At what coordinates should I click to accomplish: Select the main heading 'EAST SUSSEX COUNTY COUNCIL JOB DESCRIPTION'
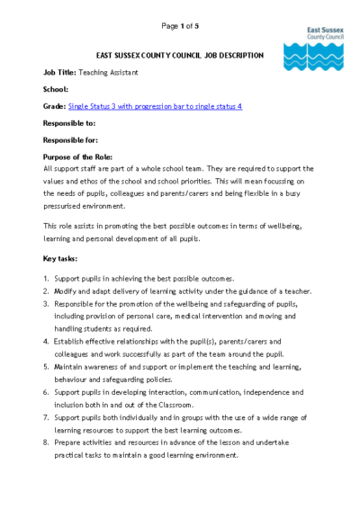point(180,56)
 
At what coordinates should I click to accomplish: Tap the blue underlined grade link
point(155,106)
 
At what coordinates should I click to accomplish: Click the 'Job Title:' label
point(59,72)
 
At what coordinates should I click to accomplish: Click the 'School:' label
point(56,89)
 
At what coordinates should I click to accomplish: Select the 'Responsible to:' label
point(69,122)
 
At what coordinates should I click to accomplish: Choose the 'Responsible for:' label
point(71,139)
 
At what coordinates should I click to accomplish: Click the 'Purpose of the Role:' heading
point(77,156)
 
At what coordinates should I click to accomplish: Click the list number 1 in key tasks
point(46,279)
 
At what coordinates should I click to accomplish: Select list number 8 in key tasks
point(46,442)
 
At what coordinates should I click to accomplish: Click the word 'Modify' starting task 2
point(66,291)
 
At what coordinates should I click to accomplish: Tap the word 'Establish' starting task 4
point(71,342)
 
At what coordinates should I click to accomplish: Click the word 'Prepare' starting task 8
point(67,442)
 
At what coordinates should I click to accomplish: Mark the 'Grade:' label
point(54,106)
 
